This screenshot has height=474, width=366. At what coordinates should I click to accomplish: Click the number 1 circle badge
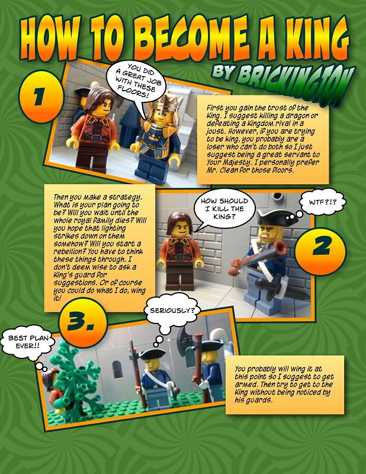pyautogui.click(x=41, y=97)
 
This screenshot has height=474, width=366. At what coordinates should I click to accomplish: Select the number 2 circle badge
pyautogui.click(x=320, y=251)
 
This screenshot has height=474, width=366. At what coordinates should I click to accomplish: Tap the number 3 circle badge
pyautogui.click(x=83, y=322)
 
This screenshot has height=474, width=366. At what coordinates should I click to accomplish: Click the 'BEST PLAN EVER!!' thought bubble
pyautogui.click(x=28, y=342)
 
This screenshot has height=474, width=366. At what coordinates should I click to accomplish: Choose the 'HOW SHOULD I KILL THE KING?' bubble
pyautogui.click(x=224, y=209)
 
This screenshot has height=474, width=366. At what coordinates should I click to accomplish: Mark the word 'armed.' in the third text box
pyautogui.click(x=245, y=384)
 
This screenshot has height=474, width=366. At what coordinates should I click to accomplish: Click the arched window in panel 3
pyautogui.click(x=118, y=369)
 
